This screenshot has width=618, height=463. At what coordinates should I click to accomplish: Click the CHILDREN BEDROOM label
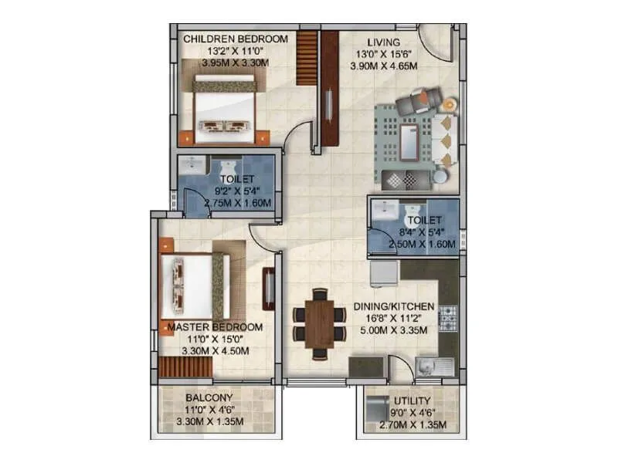coord(235,39)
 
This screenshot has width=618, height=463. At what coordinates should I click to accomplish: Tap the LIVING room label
coord(383,42)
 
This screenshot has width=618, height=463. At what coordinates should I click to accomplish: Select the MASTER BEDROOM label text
coord(216,327)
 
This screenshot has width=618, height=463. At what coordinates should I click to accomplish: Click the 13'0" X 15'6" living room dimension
coord(384,54)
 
